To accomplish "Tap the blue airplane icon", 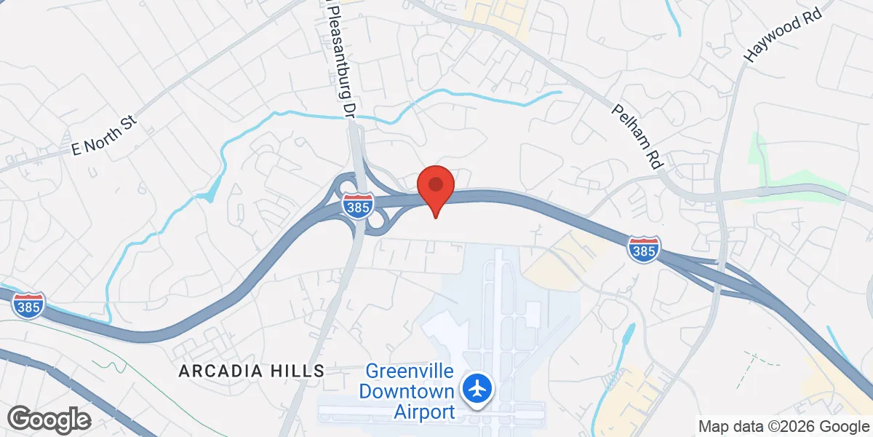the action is click(478, 387).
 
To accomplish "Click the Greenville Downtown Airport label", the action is click(407, 392).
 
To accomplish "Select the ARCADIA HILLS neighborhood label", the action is click(252, 371).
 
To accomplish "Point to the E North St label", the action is click(104, 137).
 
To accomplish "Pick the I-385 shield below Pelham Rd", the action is click(644, 249).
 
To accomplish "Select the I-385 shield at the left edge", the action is click(26, 304).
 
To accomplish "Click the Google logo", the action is click(49, 420).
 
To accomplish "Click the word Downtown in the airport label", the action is click(407, 392).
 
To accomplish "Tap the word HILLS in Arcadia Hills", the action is click(298, 371).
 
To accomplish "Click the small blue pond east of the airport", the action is click(626, 334).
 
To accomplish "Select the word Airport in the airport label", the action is click(424, 412).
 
